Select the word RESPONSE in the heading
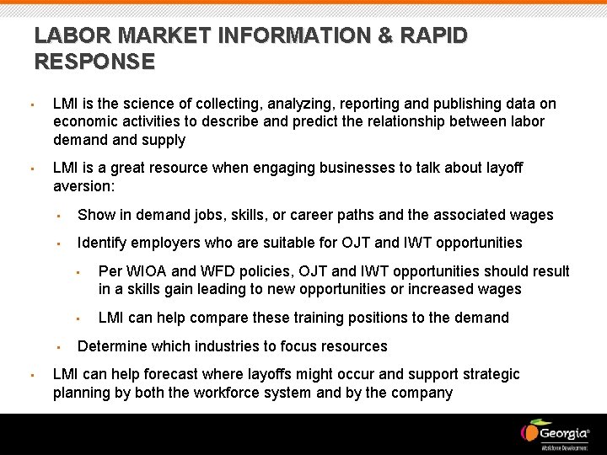[x=94, y=62]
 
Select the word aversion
[x=82, y=185]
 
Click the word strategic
[x=491, y=374]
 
